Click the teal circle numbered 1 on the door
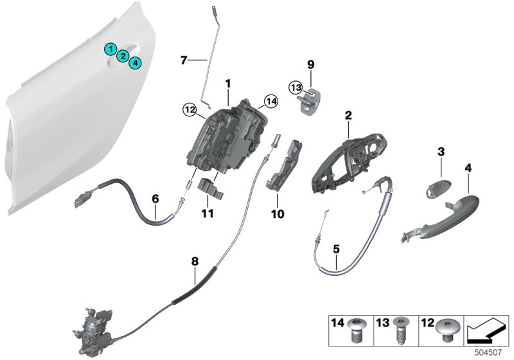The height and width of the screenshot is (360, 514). tap(111, 49)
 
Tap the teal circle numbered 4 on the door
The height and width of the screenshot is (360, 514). tap(135, 62)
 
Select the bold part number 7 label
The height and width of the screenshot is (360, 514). tap(184, 60)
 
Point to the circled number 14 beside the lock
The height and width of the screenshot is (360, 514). tap(270, 100)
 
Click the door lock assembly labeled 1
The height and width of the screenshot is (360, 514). tap(228, 139)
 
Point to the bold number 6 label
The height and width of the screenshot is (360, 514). tap(155, 199)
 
